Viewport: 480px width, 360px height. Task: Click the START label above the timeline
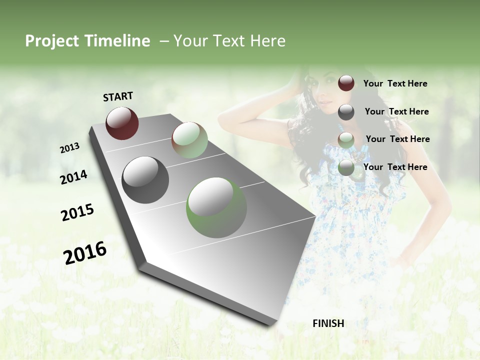(x=118, y=96)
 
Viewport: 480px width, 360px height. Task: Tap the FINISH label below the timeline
(x=328, y=323)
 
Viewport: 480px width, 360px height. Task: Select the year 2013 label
(x=69, y=148)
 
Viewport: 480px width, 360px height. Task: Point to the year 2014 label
(x=73, y=177)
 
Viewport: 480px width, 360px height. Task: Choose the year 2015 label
(x=77, y=212)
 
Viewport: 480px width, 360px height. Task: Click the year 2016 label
(x=85, y=253)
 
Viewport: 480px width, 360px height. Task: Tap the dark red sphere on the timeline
(x=122, y=123)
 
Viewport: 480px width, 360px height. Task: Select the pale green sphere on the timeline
(x=189, y=140)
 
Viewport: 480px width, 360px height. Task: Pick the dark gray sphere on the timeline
(x=145, y=180)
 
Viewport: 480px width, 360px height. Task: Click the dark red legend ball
(x=346, y=83)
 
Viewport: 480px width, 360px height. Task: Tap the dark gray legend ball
(x=346, y=112)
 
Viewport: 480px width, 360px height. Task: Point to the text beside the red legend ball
(x=395, y=83)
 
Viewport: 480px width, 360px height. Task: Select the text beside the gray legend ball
(x=396, y=111)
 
